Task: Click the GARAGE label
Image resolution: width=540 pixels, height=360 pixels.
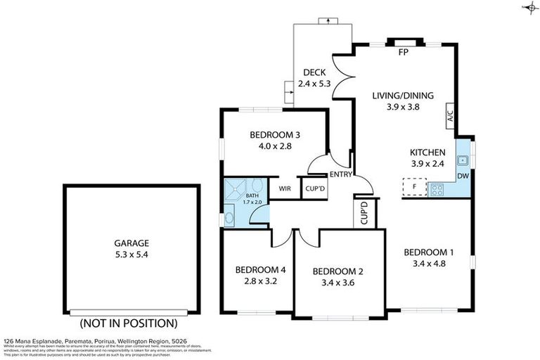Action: point(127,243)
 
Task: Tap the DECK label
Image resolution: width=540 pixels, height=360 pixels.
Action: point(314,72)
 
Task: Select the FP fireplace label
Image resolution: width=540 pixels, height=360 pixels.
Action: point(404,53)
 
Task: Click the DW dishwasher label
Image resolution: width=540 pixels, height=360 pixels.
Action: point(463,175)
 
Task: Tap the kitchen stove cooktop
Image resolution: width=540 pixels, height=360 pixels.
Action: point(437,188)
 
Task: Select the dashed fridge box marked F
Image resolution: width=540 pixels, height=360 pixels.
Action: point(413,188)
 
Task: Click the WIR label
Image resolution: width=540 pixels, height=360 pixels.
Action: point(285,188)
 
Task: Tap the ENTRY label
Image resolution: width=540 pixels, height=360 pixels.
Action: point(341,174)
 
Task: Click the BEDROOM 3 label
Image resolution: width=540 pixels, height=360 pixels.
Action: point(275,135)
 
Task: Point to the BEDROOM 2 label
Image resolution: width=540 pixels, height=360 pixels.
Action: point(337,271)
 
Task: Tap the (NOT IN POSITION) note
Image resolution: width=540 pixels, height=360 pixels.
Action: point(127,323)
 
